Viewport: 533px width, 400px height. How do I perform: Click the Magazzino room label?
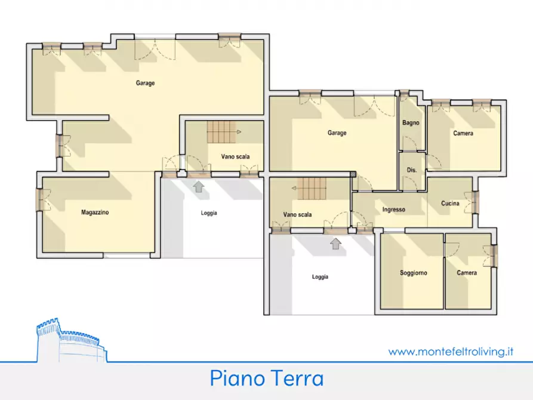95,212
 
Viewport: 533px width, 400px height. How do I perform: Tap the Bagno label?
411,123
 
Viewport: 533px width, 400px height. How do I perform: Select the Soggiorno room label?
413,273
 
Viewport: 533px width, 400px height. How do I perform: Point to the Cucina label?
450,204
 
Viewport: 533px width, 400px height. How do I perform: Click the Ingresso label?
394,210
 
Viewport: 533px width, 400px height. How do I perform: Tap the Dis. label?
411,170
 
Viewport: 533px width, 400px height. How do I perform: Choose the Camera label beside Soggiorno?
467,273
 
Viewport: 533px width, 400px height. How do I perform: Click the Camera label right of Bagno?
463,133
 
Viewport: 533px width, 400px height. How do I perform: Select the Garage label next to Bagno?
337,133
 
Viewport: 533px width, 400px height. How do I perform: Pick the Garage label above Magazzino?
145,83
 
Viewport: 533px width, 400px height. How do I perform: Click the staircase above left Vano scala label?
221,132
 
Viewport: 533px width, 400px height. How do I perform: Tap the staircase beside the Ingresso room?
312,190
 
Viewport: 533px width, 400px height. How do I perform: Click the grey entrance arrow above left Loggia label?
198,187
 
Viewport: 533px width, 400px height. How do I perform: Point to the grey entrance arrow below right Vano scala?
336,243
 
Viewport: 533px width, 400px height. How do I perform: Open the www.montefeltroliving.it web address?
451,352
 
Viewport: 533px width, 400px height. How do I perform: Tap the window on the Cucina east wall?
475,202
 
